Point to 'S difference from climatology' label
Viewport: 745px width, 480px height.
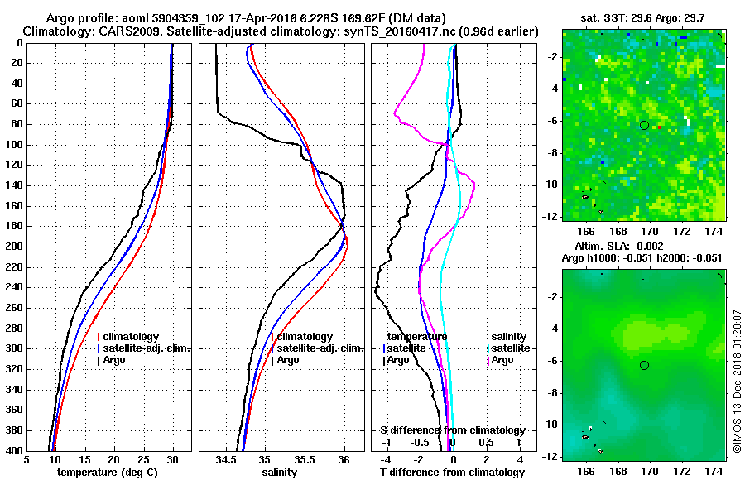coord(452,430)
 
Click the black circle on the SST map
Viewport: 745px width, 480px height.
coord(644,125)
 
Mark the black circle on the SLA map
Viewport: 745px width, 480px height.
coord(644,365)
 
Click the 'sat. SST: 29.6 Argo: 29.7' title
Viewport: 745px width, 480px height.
coord(642,17)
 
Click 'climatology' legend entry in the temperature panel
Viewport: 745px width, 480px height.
coord(132,337)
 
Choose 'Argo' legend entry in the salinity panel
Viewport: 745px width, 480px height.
coord(287,360)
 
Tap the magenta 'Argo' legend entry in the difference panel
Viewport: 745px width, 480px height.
coord(502,360)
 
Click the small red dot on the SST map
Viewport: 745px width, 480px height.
coord(660,127)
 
